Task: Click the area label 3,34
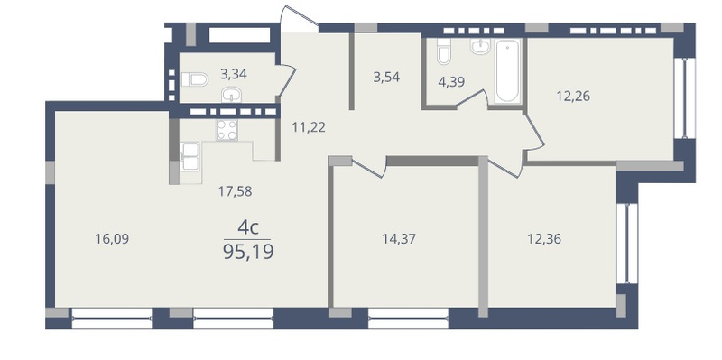234,74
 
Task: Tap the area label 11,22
309,127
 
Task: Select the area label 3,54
386,77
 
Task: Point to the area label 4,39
451,82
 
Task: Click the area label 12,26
573,97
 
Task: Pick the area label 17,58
235,191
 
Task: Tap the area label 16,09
112,239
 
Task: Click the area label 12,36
544,239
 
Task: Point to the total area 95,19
248,253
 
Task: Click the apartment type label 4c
247,227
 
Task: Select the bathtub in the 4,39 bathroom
507,70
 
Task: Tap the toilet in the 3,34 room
194,79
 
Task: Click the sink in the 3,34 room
232,95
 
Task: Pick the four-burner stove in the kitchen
227,130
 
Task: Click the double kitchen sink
190,156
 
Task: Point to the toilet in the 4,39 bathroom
444,51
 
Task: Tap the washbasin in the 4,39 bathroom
480,46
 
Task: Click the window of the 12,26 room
684,97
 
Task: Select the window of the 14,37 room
408,318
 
